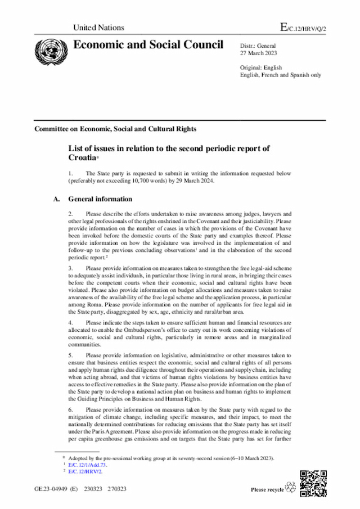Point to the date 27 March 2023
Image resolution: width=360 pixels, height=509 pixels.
tap(258, 53)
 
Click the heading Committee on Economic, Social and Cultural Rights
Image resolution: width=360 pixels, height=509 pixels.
tap(115, 129)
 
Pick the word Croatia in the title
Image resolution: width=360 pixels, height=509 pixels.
tap(82, 158)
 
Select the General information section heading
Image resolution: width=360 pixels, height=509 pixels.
tap(100, 199)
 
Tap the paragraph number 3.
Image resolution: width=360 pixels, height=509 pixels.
tap(71, 269)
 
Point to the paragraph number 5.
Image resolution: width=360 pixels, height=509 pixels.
tap(71, 355)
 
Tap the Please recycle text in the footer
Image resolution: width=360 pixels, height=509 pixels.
tap(267, 489)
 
